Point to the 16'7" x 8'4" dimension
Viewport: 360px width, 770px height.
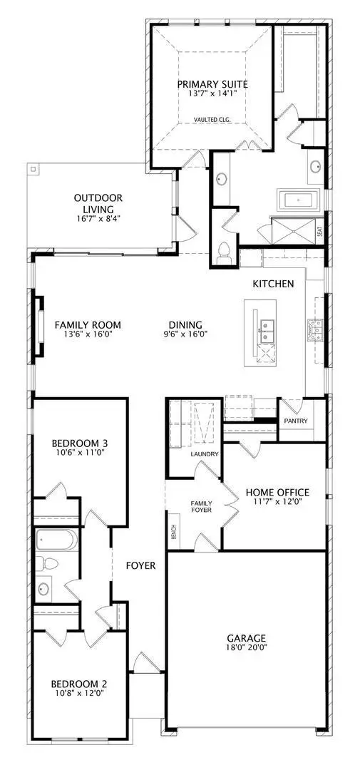pos(98,219)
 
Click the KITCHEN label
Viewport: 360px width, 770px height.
pos(273,284)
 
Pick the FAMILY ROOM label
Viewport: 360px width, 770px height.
pos(83,324)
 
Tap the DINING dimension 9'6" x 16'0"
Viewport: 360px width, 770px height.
pos(185,334)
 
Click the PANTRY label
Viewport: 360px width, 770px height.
pos(295,421)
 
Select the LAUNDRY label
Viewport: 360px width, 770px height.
pos(204,453)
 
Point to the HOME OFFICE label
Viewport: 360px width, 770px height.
pos(277,492)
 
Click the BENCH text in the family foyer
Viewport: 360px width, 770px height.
pos(173,533)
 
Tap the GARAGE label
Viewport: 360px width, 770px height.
pos(247,638)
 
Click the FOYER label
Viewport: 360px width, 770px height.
pos(142,565)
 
